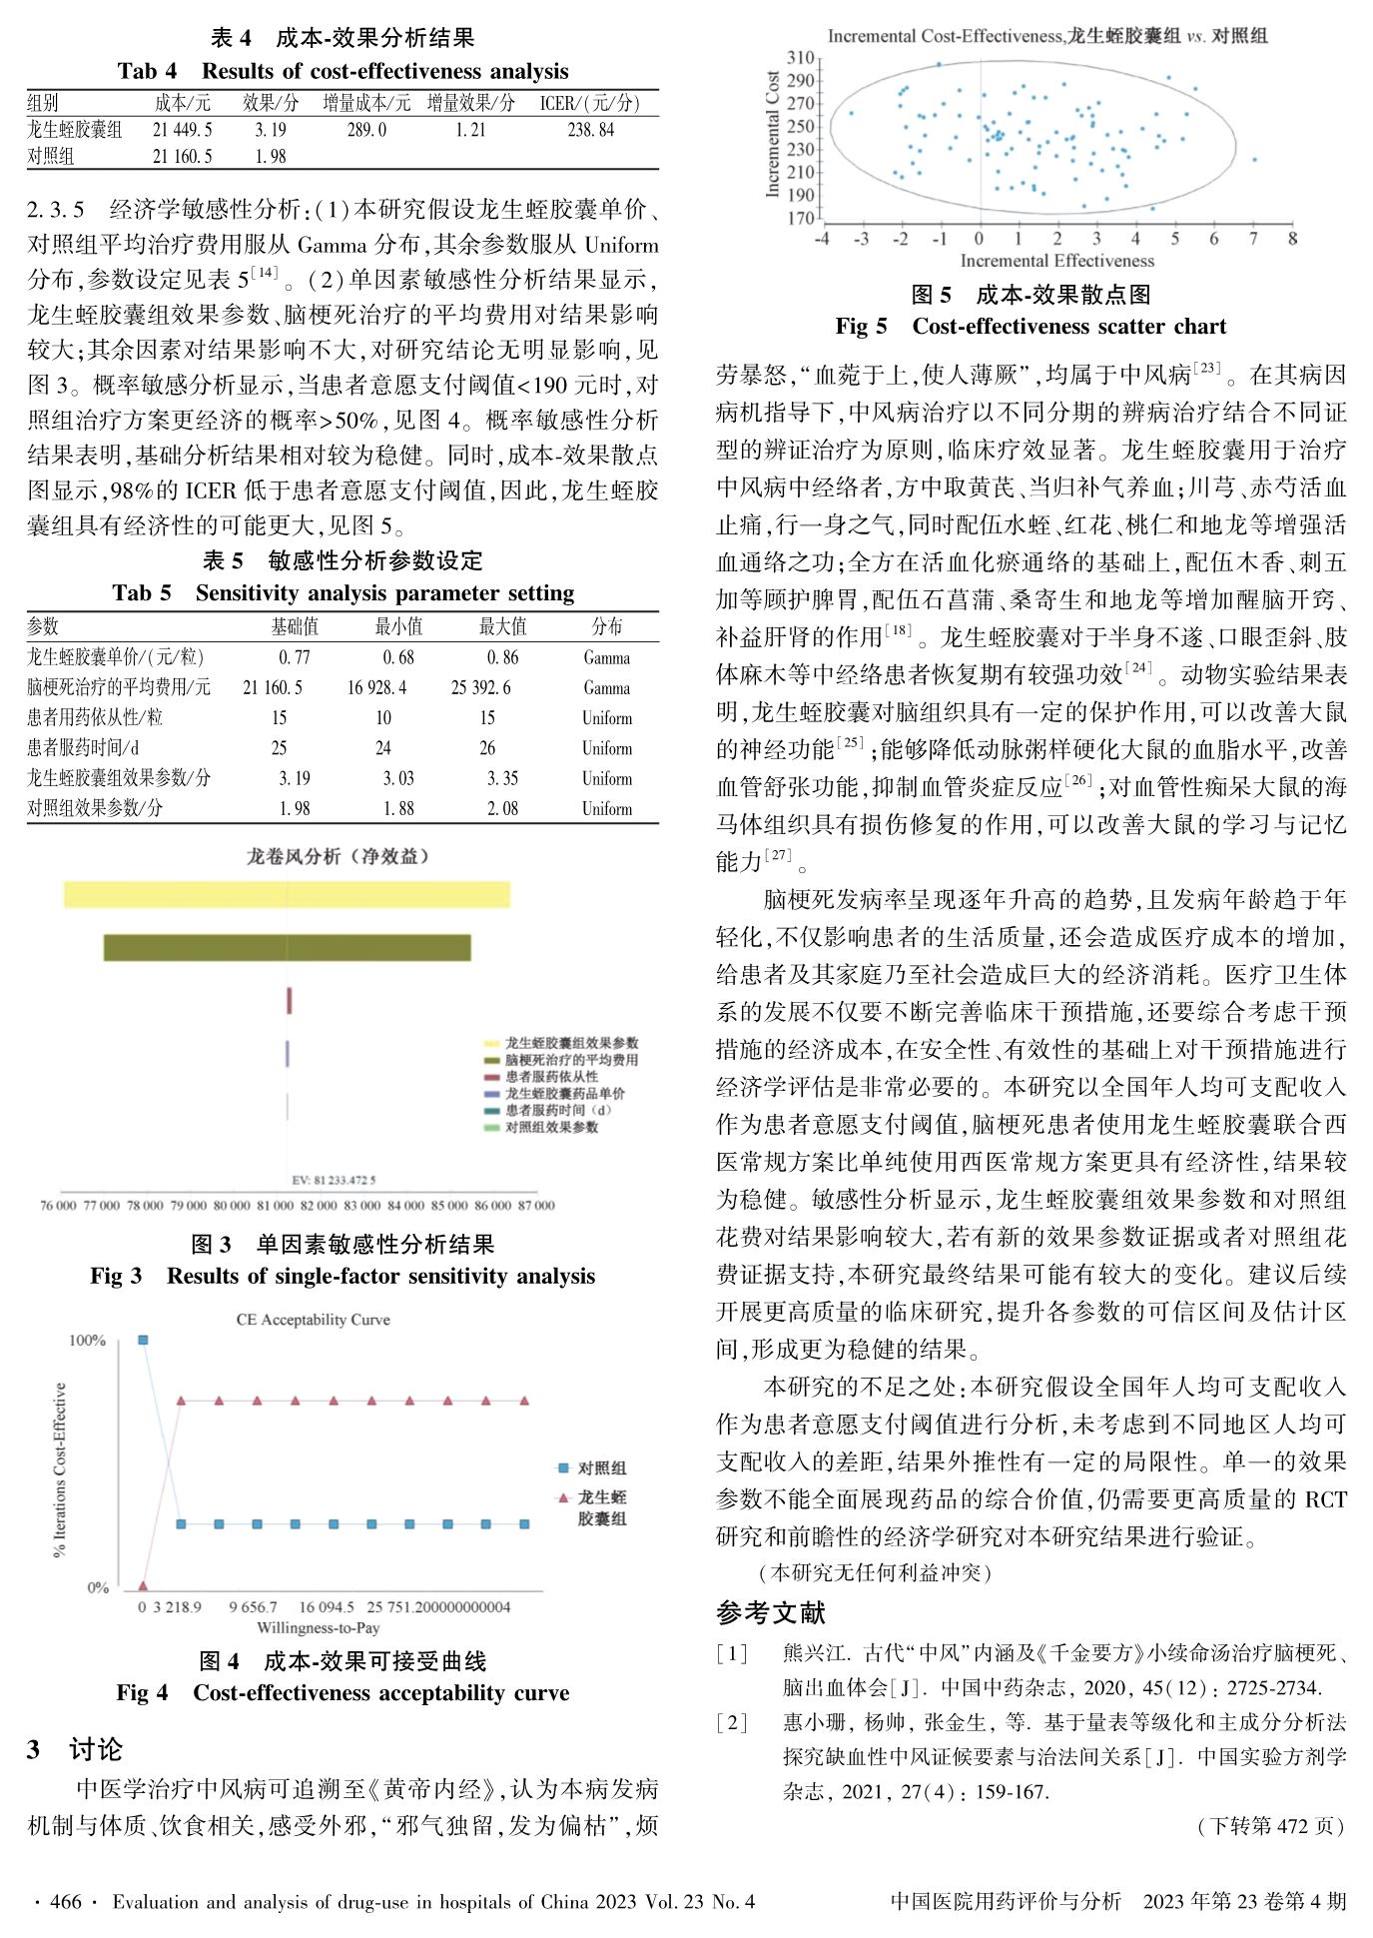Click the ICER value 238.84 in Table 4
coord(590,130)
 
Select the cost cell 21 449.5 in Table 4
coord(183,130)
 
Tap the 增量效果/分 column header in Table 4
coord(470,103)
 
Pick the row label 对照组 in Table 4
coord(51,156)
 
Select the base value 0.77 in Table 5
coord(295,657)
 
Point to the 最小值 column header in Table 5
coord(398,626)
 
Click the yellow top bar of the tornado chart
coord(287,894)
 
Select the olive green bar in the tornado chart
coord(287,947)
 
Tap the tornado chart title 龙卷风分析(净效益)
coord(338,856)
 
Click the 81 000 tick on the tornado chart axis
coord(275,1206)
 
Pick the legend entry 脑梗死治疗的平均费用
coord(570,1060)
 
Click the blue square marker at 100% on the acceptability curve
coord(143,1340)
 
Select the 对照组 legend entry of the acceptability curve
coord(601,1467)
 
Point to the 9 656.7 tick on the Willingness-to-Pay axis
coord(253,1606)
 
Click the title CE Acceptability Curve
coord(313,1320)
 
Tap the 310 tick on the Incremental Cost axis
coord(801,57)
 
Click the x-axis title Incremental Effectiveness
coord(1056,261)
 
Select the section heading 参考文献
coord(771,1612)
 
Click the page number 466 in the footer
coord(66,1901)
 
